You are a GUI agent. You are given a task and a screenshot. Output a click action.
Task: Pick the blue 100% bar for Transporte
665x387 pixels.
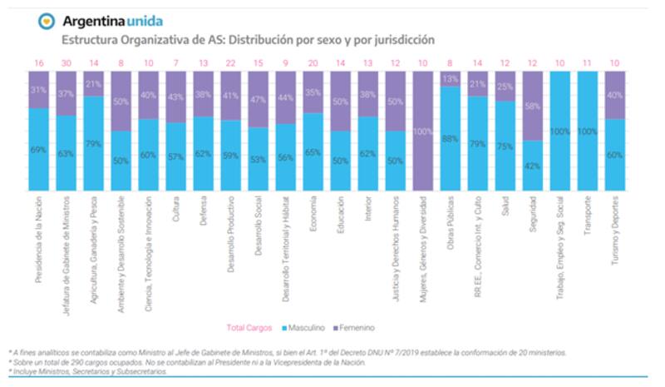pyautogui.click(x=589, y=131)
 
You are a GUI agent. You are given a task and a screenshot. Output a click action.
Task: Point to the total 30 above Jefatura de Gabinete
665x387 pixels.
pyautogui.click(x=66, y=63)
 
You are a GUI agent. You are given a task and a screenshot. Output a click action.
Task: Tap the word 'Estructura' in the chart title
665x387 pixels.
pyautogui.click(x=87, y=39)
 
